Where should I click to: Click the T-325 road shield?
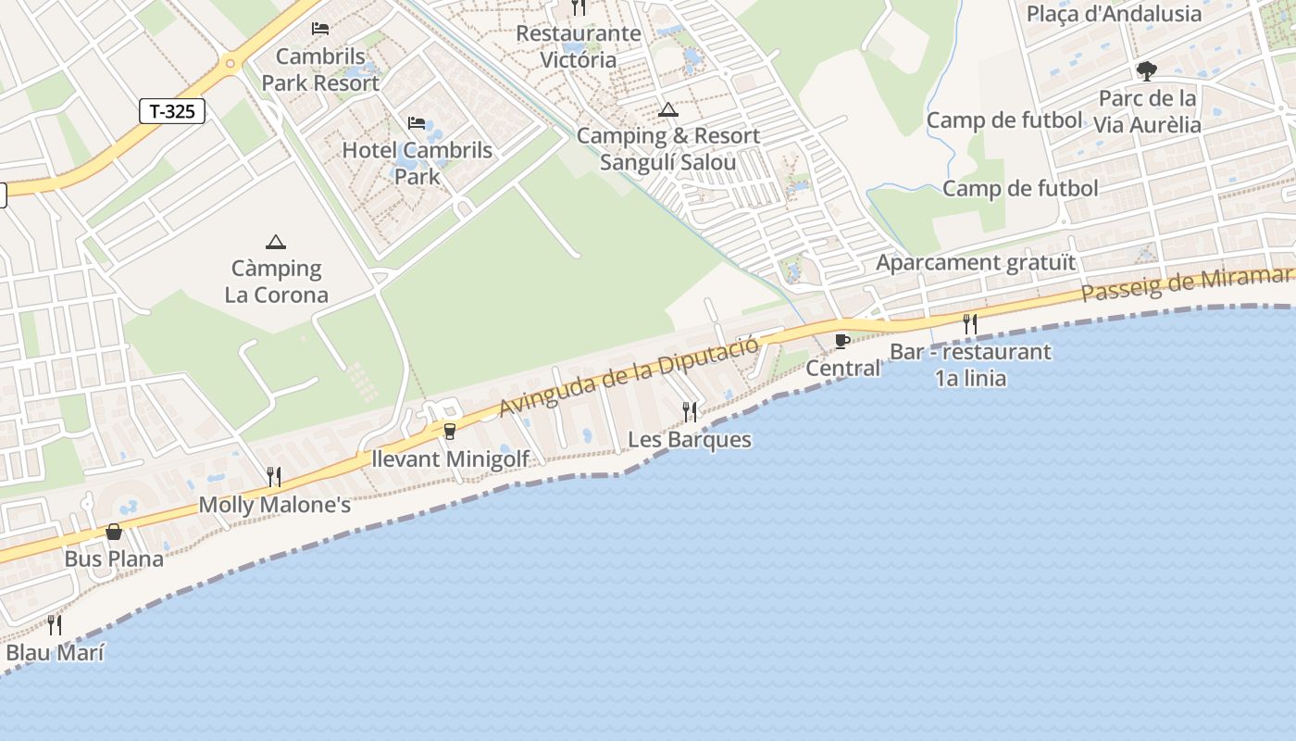tap(172, 112)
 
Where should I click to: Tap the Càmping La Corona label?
tap(276, 282)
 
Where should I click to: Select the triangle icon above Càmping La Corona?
tap(275, 243)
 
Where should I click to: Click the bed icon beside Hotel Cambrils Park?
tap(417, 123)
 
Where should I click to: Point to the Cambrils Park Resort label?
tap(320, 69)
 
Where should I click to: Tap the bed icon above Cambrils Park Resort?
tap(320, 29)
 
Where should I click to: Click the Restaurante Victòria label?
tap(579, 46)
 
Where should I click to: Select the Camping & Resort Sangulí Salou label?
tap(668, 149)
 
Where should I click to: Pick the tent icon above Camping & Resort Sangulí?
tap(667, 110)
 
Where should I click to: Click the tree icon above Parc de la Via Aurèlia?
tap(1146, 71)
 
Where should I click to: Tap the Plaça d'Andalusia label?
tap(1114, 14)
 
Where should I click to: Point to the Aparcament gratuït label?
tap(976, 262)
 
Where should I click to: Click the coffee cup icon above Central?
tap(842, 341)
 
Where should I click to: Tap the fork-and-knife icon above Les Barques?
tap(690, 411)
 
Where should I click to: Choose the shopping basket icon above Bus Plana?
tap(114, 532)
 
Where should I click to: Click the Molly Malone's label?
tap(275, 506)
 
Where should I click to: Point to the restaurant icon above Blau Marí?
tap(55, 625)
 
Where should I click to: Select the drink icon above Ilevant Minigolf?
tap(450, 431)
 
